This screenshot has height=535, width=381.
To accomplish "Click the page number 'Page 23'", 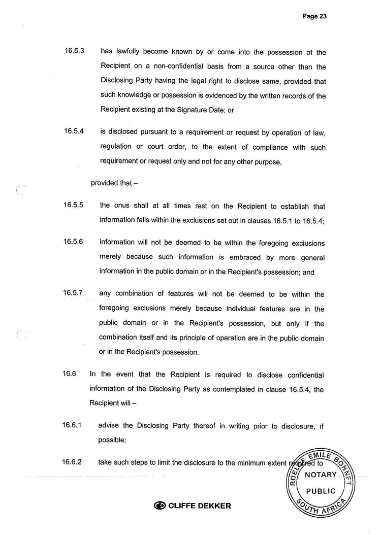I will (314, 16).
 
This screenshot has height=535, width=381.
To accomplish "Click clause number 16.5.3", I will (74, 51).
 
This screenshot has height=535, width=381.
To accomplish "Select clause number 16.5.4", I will (74, 132).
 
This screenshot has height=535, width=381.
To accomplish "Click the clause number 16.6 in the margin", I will (69, 374).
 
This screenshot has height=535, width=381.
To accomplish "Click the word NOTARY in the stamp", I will (321, 475).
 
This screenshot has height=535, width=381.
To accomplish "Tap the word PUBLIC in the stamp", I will (321, 491).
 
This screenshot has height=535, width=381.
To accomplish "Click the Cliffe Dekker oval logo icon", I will (160, 506).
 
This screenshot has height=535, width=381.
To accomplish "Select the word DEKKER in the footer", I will (213, 506).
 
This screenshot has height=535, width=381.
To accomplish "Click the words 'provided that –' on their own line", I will (111, 183).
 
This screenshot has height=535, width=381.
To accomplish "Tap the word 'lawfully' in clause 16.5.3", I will (128, 52).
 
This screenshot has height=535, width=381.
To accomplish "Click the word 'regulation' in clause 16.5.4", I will (117, 147).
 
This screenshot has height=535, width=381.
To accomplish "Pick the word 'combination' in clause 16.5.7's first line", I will (134, 294).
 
